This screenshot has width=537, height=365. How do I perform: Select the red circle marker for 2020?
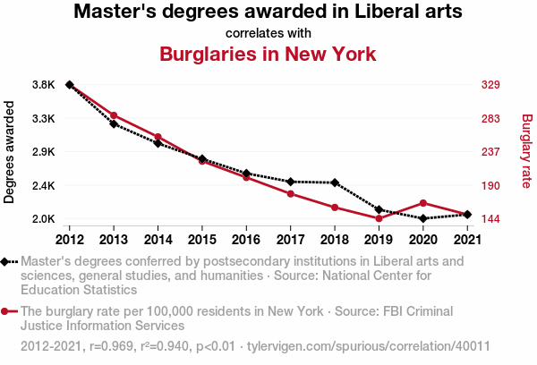click(422, 203)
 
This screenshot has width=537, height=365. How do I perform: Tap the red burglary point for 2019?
click(379, 218)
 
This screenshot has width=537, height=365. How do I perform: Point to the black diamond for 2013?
click(114, 123)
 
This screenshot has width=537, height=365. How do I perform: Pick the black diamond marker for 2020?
click(422, 218)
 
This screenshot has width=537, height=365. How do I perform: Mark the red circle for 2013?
click(114, 115)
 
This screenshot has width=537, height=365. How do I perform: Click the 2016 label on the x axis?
click(246, 239)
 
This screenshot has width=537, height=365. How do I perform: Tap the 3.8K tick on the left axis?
click(43, 85)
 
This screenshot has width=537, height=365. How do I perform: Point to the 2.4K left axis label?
click(43, 185)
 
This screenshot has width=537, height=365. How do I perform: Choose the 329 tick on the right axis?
click(490, 85)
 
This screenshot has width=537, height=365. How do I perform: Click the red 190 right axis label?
click(490, 185)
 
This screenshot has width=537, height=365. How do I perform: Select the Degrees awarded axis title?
click(10, 152)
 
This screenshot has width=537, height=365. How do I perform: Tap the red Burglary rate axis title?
click(526, 151)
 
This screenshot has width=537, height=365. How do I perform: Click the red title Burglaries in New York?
click(268, 55)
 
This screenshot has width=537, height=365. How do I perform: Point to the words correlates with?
click(268, 33)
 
